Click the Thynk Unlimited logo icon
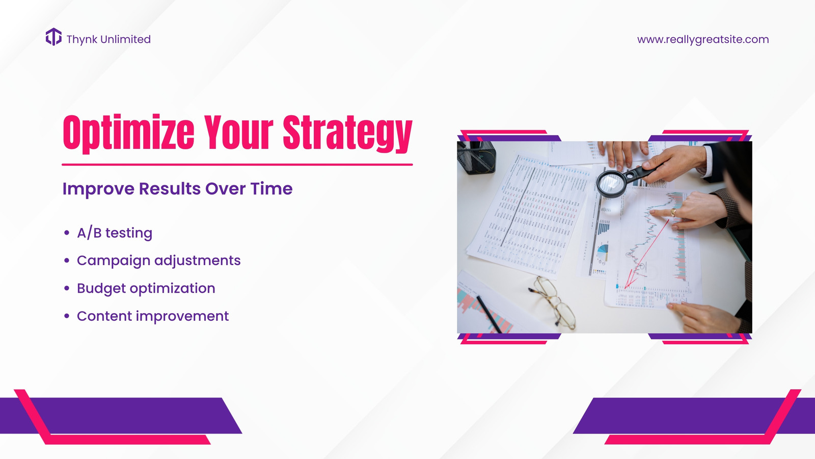click(x=53, y=37)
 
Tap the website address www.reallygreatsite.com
click(x=703, y=39)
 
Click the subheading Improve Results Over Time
click(x=177, y=189)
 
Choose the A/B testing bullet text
click(x=115, y=233)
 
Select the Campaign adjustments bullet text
click(x=158, y=261)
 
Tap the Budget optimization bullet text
click(x=146, y=289)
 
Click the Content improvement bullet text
click(x=153, y=316)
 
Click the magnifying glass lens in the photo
click(x=610, y=184)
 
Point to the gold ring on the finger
click(x=673, y=212)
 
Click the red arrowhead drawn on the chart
click(x=630, y=281)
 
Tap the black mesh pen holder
click(x=477, y=158)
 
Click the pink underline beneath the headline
click(x=237, y=165)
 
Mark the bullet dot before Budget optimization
click(x=67, y=288)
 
